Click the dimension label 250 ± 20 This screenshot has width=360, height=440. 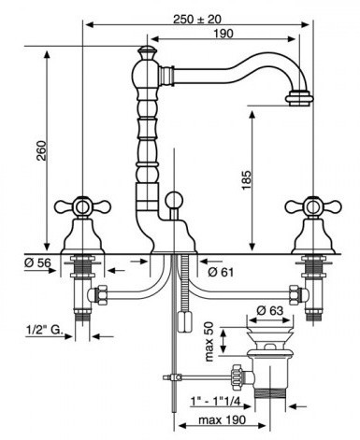pos(197,20)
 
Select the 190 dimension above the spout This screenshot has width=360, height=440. pos(223,34)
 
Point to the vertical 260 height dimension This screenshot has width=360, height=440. pos(41,150)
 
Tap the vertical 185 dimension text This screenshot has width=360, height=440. pos(246,180)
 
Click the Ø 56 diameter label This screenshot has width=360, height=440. pos(37,263)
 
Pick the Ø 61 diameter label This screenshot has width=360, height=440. pos(221,273)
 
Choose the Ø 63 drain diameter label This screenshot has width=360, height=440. pos(270,310)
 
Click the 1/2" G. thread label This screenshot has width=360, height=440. pos(44,331)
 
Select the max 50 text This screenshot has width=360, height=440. pos(209,342)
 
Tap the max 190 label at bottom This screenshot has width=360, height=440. pos(222,419)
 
